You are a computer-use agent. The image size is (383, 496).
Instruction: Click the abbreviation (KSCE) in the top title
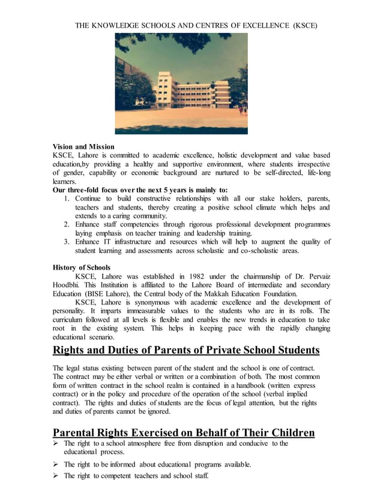pos(303,26)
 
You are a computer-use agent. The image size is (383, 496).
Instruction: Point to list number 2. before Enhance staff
pos(67,225)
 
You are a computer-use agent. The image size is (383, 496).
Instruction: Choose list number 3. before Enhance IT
pos(67,241)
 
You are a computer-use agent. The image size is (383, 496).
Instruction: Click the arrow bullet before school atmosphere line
pos(56,444)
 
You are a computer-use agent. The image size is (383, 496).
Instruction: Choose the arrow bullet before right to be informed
pos(56,464)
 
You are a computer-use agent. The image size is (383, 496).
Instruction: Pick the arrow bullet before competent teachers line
pos(56,476)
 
